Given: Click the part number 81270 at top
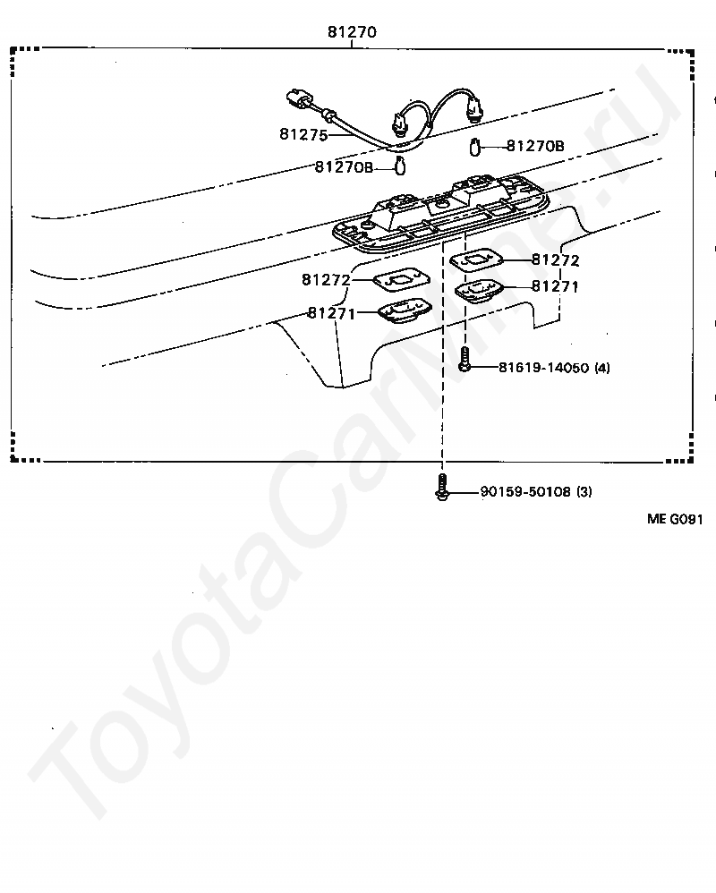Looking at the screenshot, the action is [x=352, y=32].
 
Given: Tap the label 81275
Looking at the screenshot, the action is [x=303, y=134].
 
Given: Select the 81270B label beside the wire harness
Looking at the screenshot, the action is [x=344, y=166].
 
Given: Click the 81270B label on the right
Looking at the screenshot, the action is [x=535, y=147].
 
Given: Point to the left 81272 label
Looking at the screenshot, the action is [x=326, y=280].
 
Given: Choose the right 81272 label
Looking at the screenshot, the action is [x=556, y=259].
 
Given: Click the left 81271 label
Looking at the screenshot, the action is [x=331, y=313].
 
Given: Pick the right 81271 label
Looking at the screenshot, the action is [x=555, y=286].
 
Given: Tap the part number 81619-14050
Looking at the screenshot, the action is [x=544, y=368].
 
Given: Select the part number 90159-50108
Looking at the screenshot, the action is [x=525, y=491].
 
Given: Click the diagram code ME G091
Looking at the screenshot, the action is [x=675, y=519].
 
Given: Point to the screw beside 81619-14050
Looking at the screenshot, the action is [x=465, y=360].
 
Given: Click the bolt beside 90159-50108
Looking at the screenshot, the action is [x=441, y=487].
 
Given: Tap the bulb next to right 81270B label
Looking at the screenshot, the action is [x=475, y=147].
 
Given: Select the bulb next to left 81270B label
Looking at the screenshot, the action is [x=400, y=166].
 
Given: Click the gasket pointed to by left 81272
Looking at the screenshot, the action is [x=402, y=280].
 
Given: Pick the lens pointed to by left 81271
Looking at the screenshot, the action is [x=406, y=311].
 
